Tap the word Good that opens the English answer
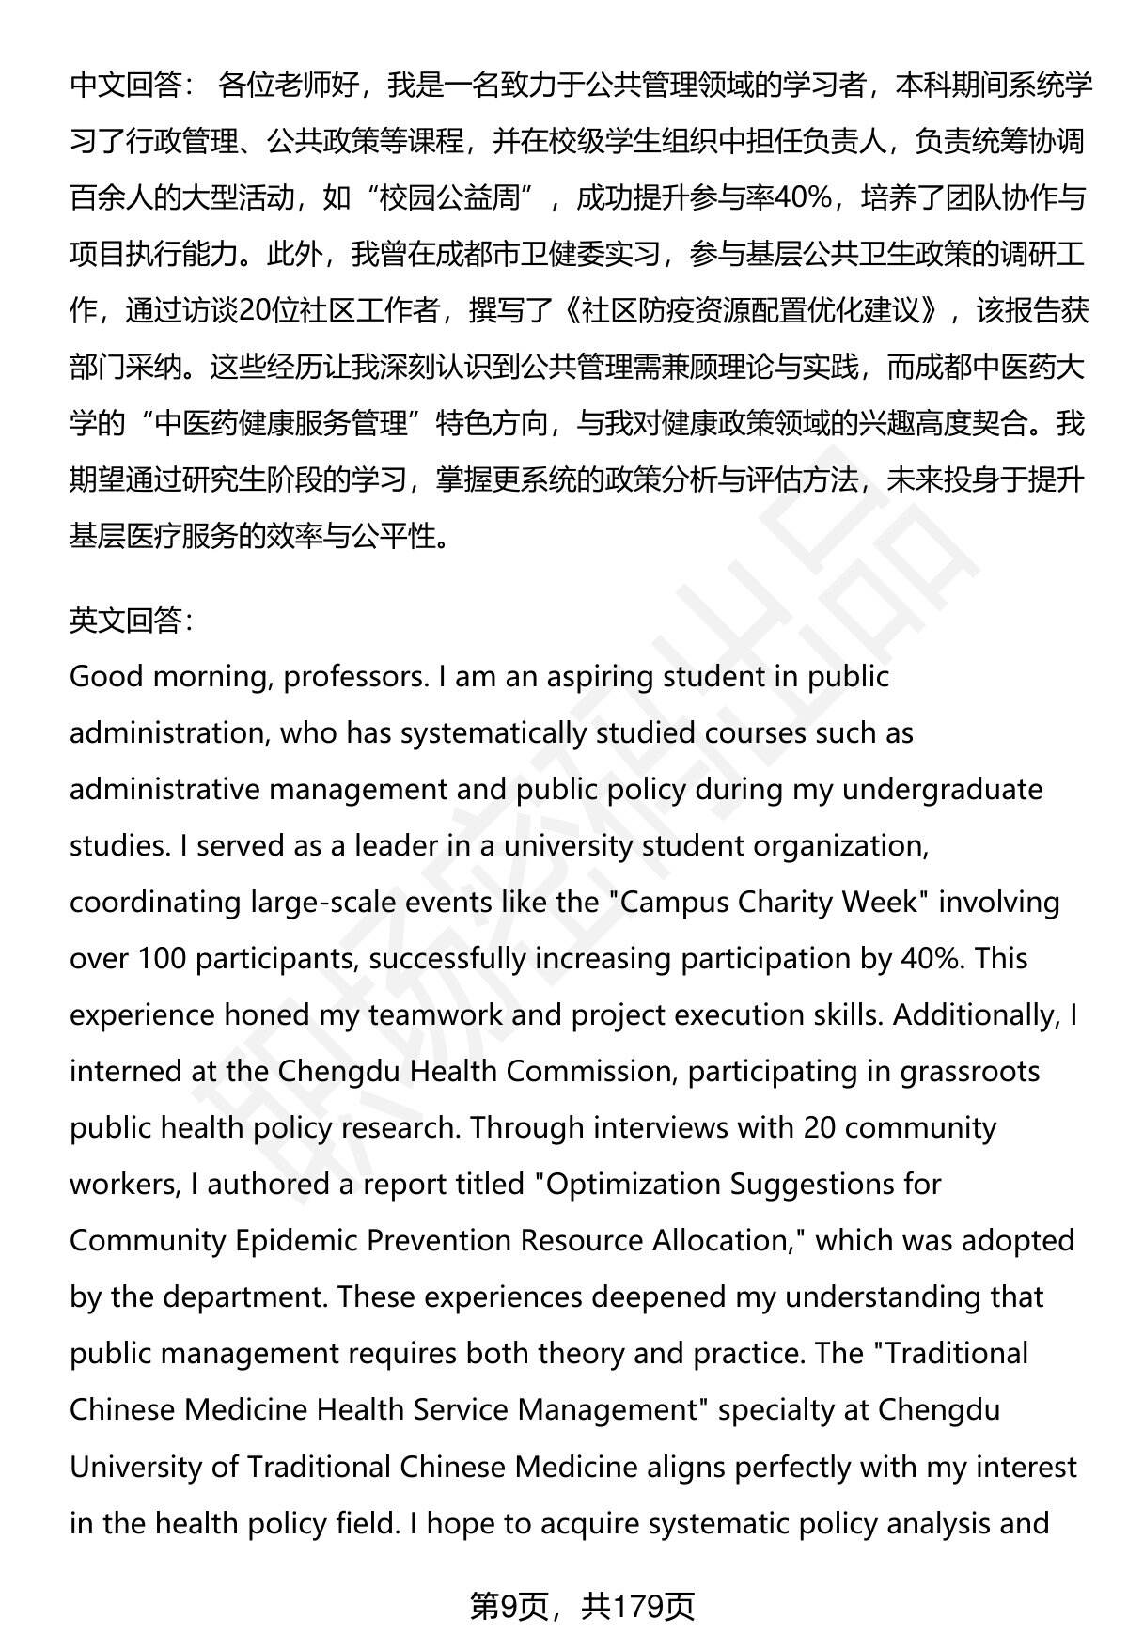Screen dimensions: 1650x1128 pyautogui.click(x=104, y=677)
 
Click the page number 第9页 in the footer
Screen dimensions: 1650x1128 pyautogui.click(x=509, y=1606)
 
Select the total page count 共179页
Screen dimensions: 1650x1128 pyautogui.click(x=638, y=1606)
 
